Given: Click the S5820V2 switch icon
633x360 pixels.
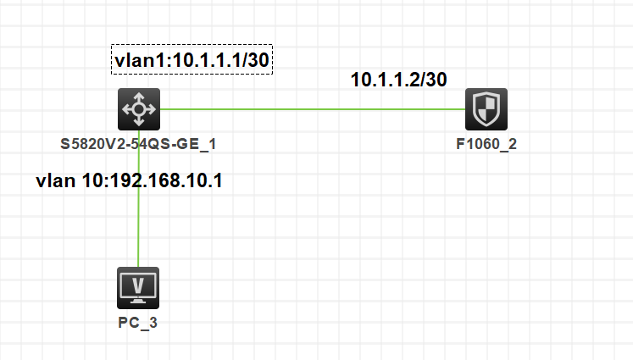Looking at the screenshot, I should (x=137, y=109).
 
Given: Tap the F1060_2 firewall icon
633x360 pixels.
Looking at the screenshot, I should (x=486, y=109).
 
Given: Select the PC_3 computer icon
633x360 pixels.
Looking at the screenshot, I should (x=137, y=288).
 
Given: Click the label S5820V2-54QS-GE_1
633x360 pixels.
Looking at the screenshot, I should (x=137, y=144).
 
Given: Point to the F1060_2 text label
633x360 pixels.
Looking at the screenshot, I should (x=486, y=144).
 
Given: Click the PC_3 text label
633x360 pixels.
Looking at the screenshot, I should (x=137, y=323).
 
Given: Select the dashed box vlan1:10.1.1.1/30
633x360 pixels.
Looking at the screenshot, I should (x=192, y=59).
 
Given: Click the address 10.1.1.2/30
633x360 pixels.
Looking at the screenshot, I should (x=398, y=80).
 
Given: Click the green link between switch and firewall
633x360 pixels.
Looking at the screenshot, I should (x=314, y=109).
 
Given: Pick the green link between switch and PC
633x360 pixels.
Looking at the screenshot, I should (x=137, y=220).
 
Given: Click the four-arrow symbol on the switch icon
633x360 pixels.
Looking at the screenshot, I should (x=137, y=109).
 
